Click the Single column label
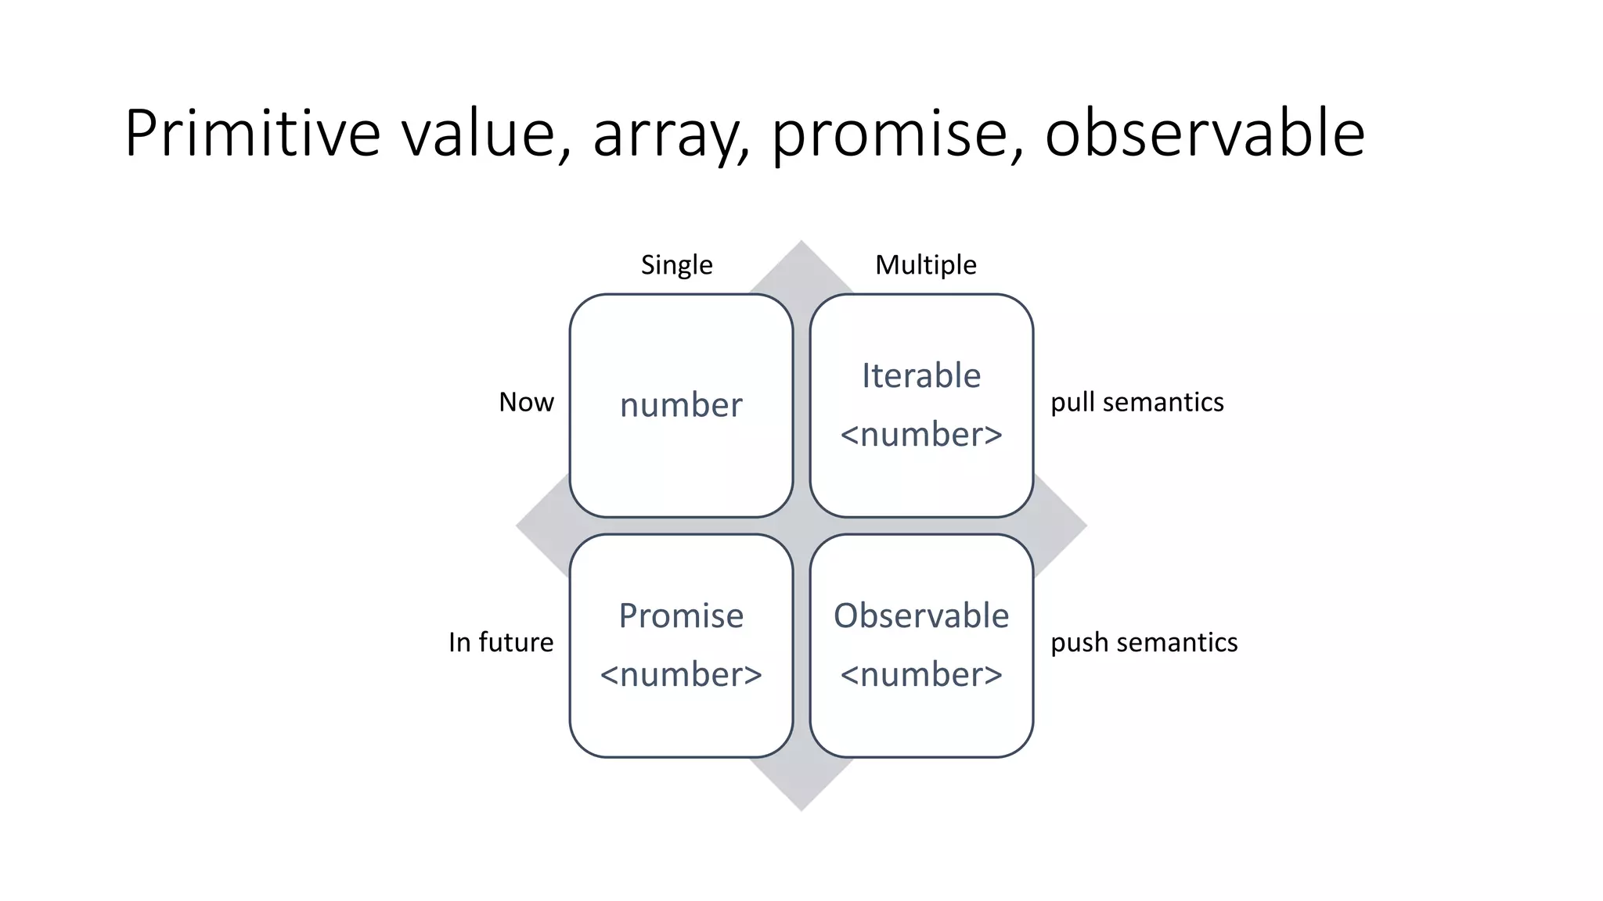[x=676, y=264]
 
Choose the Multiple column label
[x=925, y=264]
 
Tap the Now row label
[x=526, y=402]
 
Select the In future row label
[x=500, y=642]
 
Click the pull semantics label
[x=1137, y=402]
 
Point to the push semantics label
[x=1144, y=642]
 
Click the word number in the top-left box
[x=681, y=405]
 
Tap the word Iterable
[x=921, y=376]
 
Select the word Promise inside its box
[x=681, y=616]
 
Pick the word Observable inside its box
[x=921, y=616]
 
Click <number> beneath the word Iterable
[x=921, y=435]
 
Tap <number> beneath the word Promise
[x=681, y=675]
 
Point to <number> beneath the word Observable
[x=921, y=675]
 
